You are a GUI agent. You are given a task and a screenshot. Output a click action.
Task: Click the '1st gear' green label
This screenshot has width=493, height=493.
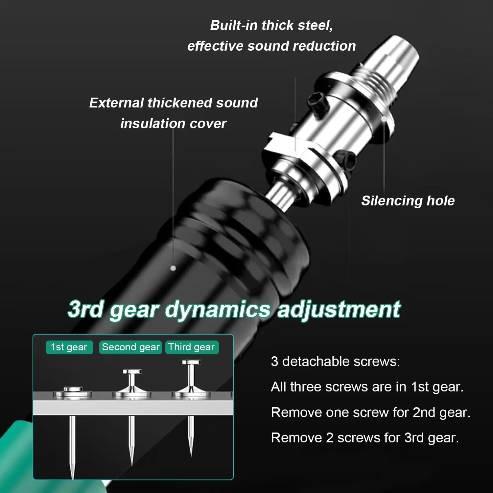69,347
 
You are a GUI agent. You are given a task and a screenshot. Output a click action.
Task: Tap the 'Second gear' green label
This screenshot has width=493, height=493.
130,347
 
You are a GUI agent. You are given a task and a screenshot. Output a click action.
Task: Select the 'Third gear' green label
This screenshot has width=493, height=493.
192,347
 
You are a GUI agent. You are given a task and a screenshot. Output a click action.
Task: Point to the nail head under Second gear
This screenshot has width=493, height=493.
132,372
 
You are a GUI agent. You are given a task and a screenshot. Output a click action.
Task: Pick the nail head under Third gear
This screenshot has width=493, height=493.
191,363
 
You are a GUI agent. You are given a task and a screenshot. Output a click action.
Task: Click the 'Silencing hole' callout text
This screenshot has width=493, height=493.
408,201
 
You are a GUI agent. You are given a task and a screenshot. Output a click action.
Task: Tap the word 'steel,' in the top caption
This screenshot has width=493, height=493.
315,26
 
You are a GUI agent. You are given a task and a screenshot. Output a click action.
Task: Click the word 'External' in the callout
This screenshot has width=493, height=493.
117,103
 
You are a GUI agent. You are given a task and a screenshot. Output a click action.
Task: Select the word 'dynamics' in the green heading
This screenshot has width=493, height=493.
217,310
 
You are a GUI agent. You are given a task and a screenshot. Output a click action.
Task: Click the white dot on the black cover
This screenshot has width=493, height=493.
173,269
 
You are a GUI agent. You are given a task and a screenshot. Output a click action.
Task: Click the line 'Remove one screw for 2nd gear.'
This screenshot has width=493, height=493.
371,412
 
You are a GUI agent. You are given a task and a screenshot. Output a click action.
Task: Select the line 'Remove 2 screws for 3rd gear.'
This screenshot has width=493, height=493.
365,437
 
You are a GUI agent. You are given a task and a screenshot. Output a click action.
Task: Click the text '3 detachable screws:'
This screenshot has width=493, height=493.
336,362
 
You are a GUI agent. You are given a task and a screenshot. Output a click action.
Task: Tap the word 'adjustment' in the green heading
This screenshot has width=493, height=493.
339,310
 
